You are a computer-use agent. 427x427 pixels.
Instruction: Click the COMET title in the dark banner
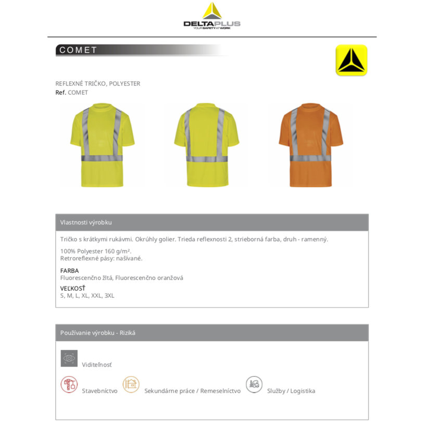[79, 50]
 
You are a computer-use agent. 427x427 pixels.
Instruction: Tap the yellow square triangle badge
[351, 60]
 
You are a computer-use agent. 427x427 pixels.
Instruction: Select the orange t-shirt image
[310, 145]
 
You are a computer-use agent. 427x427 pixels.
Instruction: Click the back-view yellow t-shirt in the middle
[207, 145]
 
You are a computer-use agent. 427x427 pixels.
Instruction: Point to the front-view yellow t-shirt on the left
[102, 145]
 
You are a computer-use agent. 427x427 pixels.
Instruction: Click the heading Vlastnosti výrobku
[86, 222]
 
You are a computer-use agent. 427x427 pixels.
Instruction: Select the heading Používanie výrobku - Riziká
[98, 333]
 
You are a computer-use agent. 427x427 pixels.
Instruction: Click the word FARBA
[70, 271]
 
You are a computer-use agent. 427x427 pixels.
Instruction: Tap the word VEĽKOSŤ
[73, 288]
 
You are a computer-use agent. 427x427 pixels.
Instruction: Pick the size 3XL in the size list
[109, 296]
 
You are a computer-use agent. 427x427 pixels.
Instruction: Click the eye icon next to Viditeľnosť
[69, 358]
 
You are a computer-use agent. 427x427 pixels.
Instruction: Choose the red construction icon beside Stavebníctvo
[69, 385]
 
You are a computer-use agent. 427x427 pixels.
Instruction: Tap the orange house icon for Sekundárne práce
[131, 385]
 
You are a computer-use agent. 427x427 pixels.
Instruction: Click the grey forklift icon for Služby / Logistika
[254, 385]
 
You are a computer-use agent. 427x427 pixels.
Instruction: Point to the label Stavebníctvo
[99, 391]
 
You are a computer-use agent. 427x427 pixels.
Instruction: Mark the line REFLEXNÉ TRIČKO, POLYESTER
[97, 83]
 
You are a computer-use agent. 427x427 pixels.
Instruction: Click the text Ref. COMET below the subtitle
[72, 93]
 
